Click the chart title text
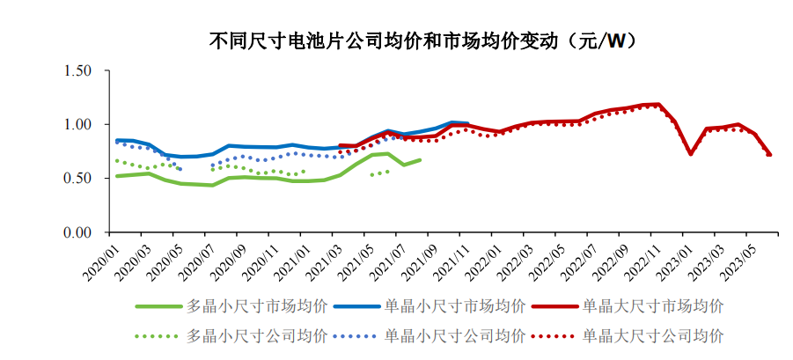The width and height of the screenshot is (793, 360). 422,40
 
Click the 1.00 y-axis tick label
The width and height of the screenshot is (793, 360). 77,124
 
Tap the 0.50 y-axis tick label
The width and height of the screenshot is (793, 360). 77,179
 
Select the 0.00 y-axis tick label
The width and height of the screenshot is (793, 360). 77,232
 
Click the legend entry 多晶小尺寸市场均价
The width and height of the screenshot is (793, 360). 232,306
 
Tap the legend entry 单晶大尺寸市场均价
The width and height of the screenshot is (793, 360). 628,306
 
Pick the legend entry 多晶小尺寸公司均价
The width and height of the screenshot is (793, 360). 232,335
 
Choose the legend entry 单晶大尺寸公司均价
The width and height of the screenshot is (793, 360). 628,335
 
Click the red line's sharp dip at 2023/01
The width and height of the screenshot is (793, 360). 691,153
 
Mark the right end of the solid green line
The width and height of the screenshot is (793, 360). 420,160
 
